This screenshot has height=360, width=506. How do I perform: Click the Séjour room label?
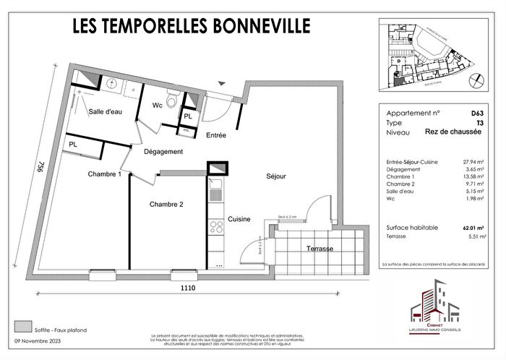[x=275, y=176]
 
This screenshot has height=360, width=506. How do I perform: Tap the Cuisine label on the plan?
[x=239, y=219]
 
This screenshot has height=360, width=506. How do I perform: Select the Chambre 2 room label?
[x=166, y=205]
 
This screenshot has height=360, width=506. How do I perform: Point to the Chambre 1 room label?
[x=104, y=174]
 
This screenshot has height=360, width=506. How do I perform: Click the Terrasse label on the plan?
[x=319, y=249]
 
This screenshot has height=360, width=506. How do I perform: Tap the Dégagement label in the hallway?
[x=163, y=152]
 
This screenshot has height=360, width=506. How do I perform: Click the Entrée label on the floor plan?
[x=216, y=135]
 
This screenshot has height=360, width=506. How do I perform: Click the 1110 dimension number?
[x=189, y=288]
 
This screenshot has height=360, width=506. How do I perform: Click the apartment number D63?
[x=478, y=113]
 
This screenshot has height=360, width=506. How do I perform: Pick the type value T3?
[x=481, y=124]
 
